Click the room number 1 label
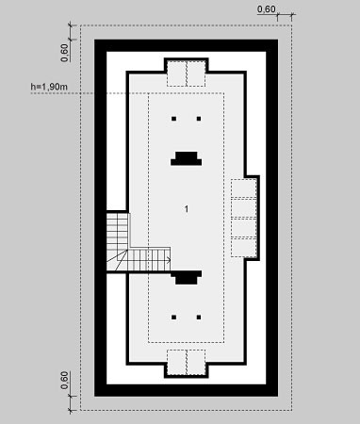pos(187,209)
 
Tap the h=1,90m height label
pos(49,87)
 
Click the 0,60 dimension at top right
pos(267,9)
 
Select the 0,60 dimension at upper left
pos(64,53)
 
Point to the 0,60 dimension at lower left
pos(64,380)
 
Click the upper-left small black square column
pos(173,119)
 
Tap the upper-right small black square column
pos(199,119)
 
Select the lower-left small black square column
pos(173,318)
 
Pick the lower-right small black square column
pos(199,318)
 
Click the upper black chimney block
pos(187,159)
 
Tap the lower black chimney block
pos(187,278)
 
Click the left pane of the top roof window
pos(176,73)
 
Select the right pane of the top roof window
pos(196,73)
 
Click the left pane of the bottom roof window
pos(176,362)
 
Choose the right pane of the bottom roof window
pos(196,362)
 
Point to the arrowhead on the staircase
pos(169,260)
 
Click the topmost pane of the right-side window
pos(244,188)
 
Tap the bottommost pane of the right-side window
pos(244,248)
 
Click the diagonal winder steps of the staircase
pos(117,260)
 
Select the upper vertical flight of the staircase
pos(117,231)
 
